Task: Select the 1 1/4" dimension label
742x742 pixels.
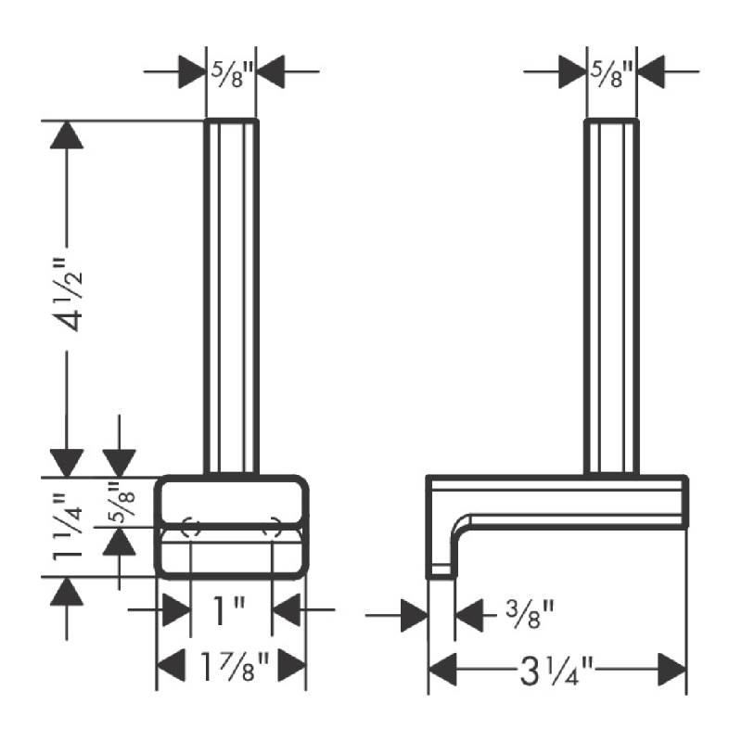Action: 67,527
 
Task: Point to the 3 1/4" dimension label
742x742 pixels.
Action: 556,670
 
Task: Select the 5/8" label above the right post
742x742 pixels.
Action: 611,74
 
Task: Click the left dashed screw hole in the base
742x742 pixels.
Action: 191,528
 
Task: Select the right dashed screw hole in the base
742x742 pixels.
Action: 273,528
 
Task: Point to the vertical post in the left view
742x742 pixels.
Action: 231,297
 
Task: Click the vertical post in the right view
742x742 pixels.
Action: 611,297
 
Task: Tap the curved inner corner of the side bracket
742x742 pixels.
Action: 460,525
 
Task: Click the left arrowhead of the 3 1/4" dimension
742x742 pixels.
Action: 442,670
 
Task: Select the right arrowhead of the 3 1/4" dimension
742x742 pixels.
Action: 672,670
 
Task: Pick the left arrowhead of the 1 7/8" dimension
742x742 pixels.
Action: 171,666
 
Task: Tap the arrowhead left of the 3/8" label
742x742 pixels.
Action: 414,615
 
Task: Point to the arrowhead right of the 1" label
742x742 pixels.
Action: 287,610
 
